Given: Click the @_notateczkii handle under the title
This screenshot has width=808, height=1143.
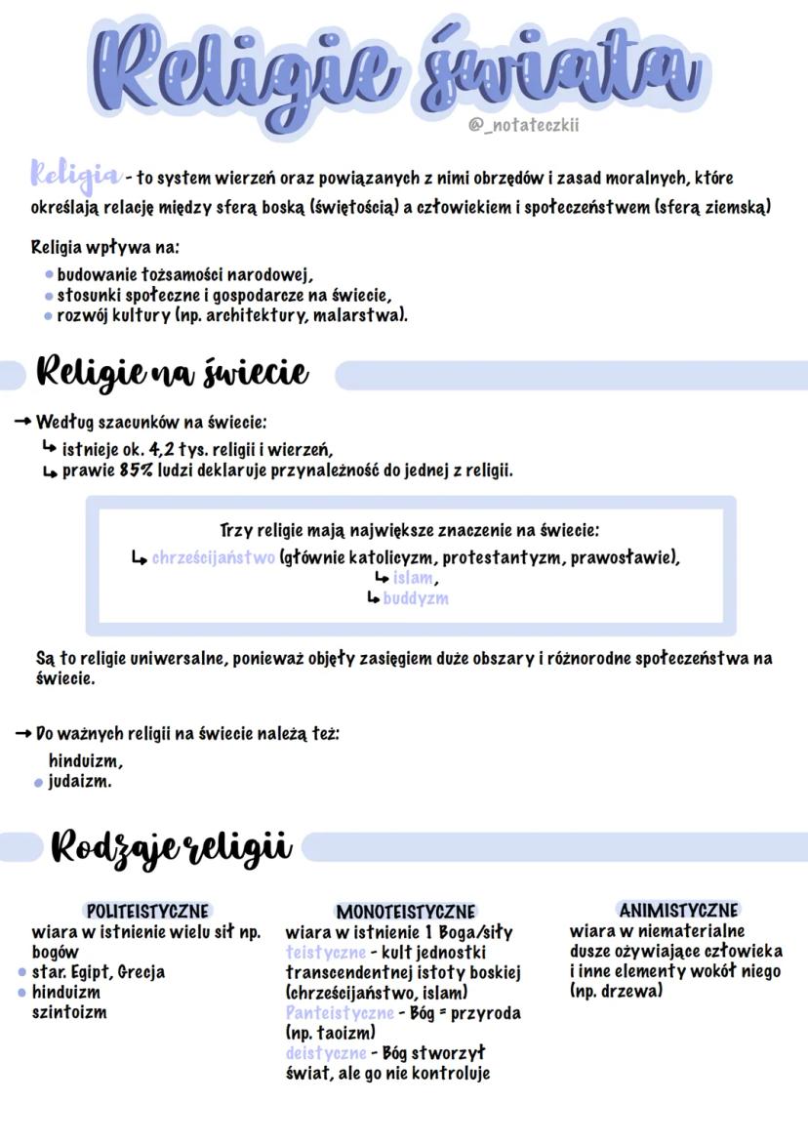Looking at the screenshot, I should pyautogui.click(x=530, y=124).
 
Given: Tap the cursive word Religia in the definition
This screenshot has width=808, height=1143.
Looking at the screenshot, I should pyautogui.click(x=76, y=176).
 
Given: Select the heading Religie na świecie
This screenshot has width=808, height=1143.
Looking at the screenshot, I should pyautogui.click(x=172, y=372).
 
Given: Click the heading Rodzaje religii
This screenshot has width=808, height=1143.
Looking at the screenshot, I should pyautogui.click(x=171, y=845).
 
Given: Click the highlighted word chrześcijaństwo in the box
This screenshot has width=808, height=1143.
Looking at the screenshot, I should pyautogui.click(x=213, y=558).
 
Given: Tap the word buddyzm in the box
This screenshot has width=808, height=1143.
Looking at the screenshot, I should pyautogui.click(x=416, y=597).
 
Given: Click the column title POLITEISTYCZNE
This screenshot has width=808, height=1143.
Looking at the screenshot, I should pyautogui.click(x=148, y=911).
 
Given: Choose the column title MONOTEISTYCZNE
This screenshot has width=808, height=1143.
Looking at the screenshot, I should pyautogui.click(x=405, y=912).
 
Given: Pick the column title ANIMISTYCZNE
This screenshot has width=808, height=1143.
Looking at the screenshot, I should pyautogui.click(x=679, y=910).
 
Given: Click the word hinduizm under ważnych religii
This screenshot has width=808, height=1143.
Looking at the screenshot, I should pyautogui.click(x=86, y=760).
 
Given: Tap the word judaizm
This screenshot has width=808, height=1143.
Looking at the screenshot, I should pyautogui.click(x=80, y=781).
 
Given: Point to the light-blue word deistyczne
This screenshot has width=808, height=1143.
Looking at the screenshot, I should pyautogui.click(x=325, y=1052).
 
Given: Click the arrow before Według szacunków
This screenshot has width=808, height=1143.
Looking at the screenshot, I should pyautogui.click(x=23, y=423).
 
